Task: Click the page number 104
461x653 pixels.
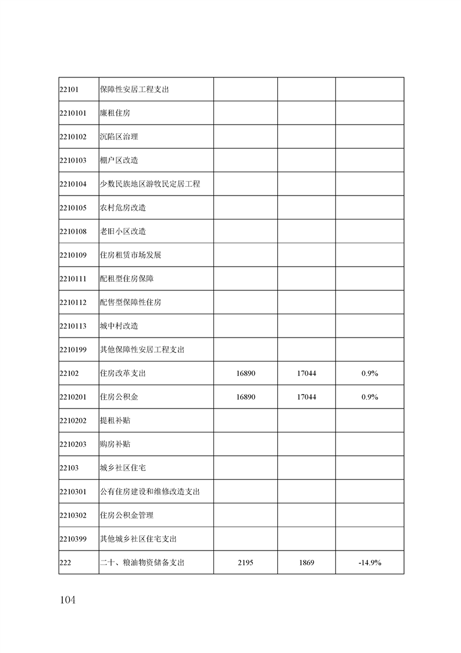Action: [x=67, y=600]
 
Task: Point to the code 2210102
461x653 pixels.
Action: [x=73, y=137]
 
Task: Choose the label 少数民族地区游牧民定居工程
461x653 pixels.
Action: [x=150, y=184]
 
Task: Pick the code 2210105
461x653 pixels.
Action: [x=73, y=208]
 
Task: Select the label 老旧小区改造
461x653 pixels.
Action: [x=123, y=231]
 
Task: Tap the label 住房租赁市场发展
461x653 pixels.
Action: [x=127, y=255]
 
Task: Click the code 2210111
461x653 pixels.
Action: [x=73, y=279]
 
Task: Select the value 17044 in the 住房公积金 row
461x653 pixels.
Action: [x=306, y=397]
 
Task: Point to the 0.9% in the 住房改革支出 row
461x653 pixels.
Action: [x=370, y=373]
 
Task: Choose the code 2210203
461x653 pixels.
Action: [x=73, y=444]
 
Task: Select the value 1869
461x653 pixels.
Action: [x=306, y=563]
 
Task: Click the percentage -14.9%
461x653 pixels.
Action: [x=370, y=563]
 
